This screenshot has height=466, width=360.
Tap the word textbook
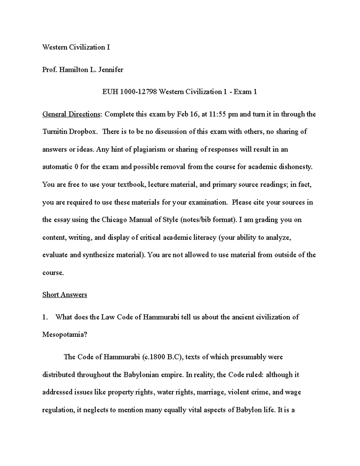pyautogui.click(x=130, y=185)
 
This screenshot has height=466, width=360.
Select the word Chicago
pyautogui.click(x=114, y=220)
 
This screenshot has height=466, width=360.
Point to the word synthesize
pyautogui.click(x=98, y=255)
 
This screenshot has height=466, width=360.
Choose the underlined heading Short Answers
pyautogui.click(x=65, y=295)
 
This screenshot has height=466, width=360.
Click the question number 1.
pyautogui.click(x=45, y=317)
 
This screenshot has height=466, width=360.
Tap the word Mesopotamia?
pyautogui.click(x=64, y=335)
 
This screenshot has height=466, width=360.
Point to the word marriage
pyautogui.click(x=209, y=392)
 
